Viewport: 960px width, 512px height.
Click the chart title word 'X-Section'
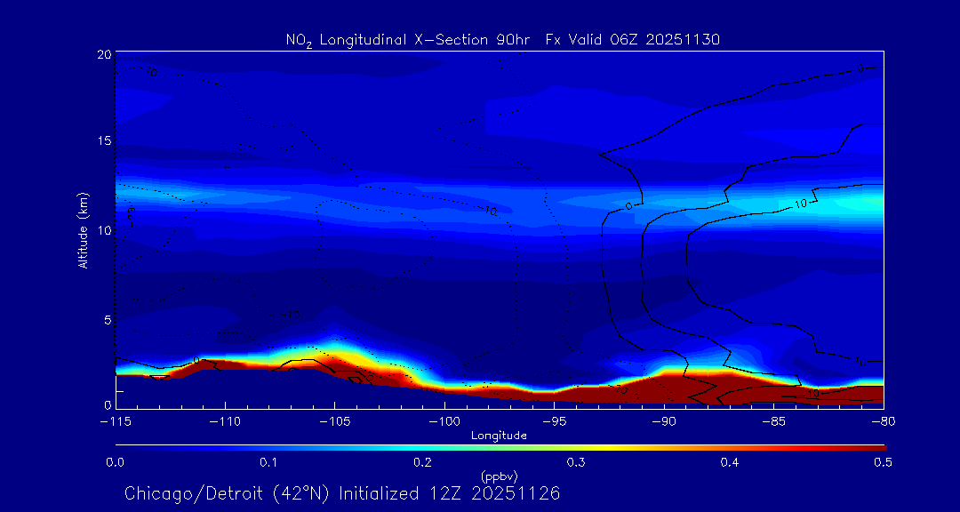(x=449, y=39)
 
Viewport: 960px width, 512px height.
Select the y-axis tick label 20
(x=103, y=54)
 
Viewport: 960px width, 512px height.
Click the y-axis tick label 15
(x=103, y=141)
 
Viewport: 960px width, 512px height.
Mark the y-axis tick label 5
(x=107, y=319)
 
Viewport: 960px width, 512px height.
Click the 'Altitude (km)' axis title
(x=84, y=229)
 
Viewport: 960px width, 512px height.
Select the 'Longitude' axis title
(x=499, y=436)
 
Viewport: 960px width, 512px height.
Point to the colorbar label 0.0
(x=115, y=462)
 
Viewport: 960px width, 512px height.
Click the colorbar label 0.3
(x=576, y=462)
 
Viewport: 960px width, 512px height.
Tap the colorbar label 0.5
(x=883, y=462)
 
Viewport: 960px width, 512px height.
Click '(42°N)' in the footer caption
(x=302, y=492)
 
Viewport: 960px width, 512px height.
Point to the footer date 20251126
(x=517, y=492)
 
